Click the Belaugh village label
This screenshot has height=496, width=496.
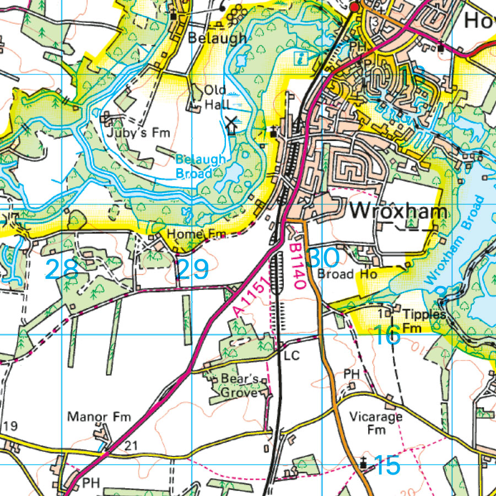point(217,38)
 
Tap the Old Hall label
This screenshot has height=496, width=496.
point(215,96)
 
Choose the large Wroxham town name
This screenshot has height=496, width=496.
point(398,211)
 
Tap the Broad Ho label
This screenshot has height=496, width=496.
point(348,273)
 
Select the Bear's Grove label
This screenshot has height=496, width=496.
point(239,386)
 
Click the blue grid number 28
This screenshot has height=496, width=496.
point(61,269)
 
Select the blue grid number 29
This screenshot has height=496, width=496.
point(192,269)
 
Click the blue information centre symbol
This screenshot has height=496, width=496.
point(300,57)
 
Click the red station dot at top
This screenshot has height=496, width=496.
point(354,7)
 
